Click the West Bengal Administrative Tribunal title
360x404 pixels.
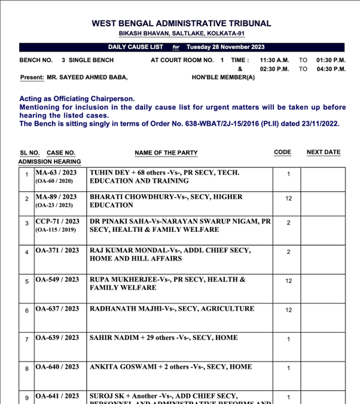click(x=181, y=23)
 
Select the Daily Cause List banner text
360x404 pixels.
click(x=185, y=47)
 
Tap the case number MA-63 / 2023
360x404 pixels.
click(x=56, y=173)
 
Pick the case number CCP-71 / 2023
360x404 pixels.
click(x=57, y=222)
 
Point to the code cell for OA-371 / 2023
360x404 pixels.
click(x=288, y=252)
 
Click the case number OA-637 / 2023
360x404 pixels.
click(x=57, y=309)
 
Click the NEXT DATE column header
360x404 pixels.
click(x=323, y=152)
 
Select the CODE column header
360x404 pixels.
click(x=282, y=152)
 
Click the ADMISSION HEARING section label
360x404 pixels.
click(x=50, y=162)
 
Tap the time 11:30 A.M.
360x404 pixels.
click(x=274, y=60)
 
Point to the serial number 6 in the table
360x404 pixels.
click(x=27, y=310)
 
